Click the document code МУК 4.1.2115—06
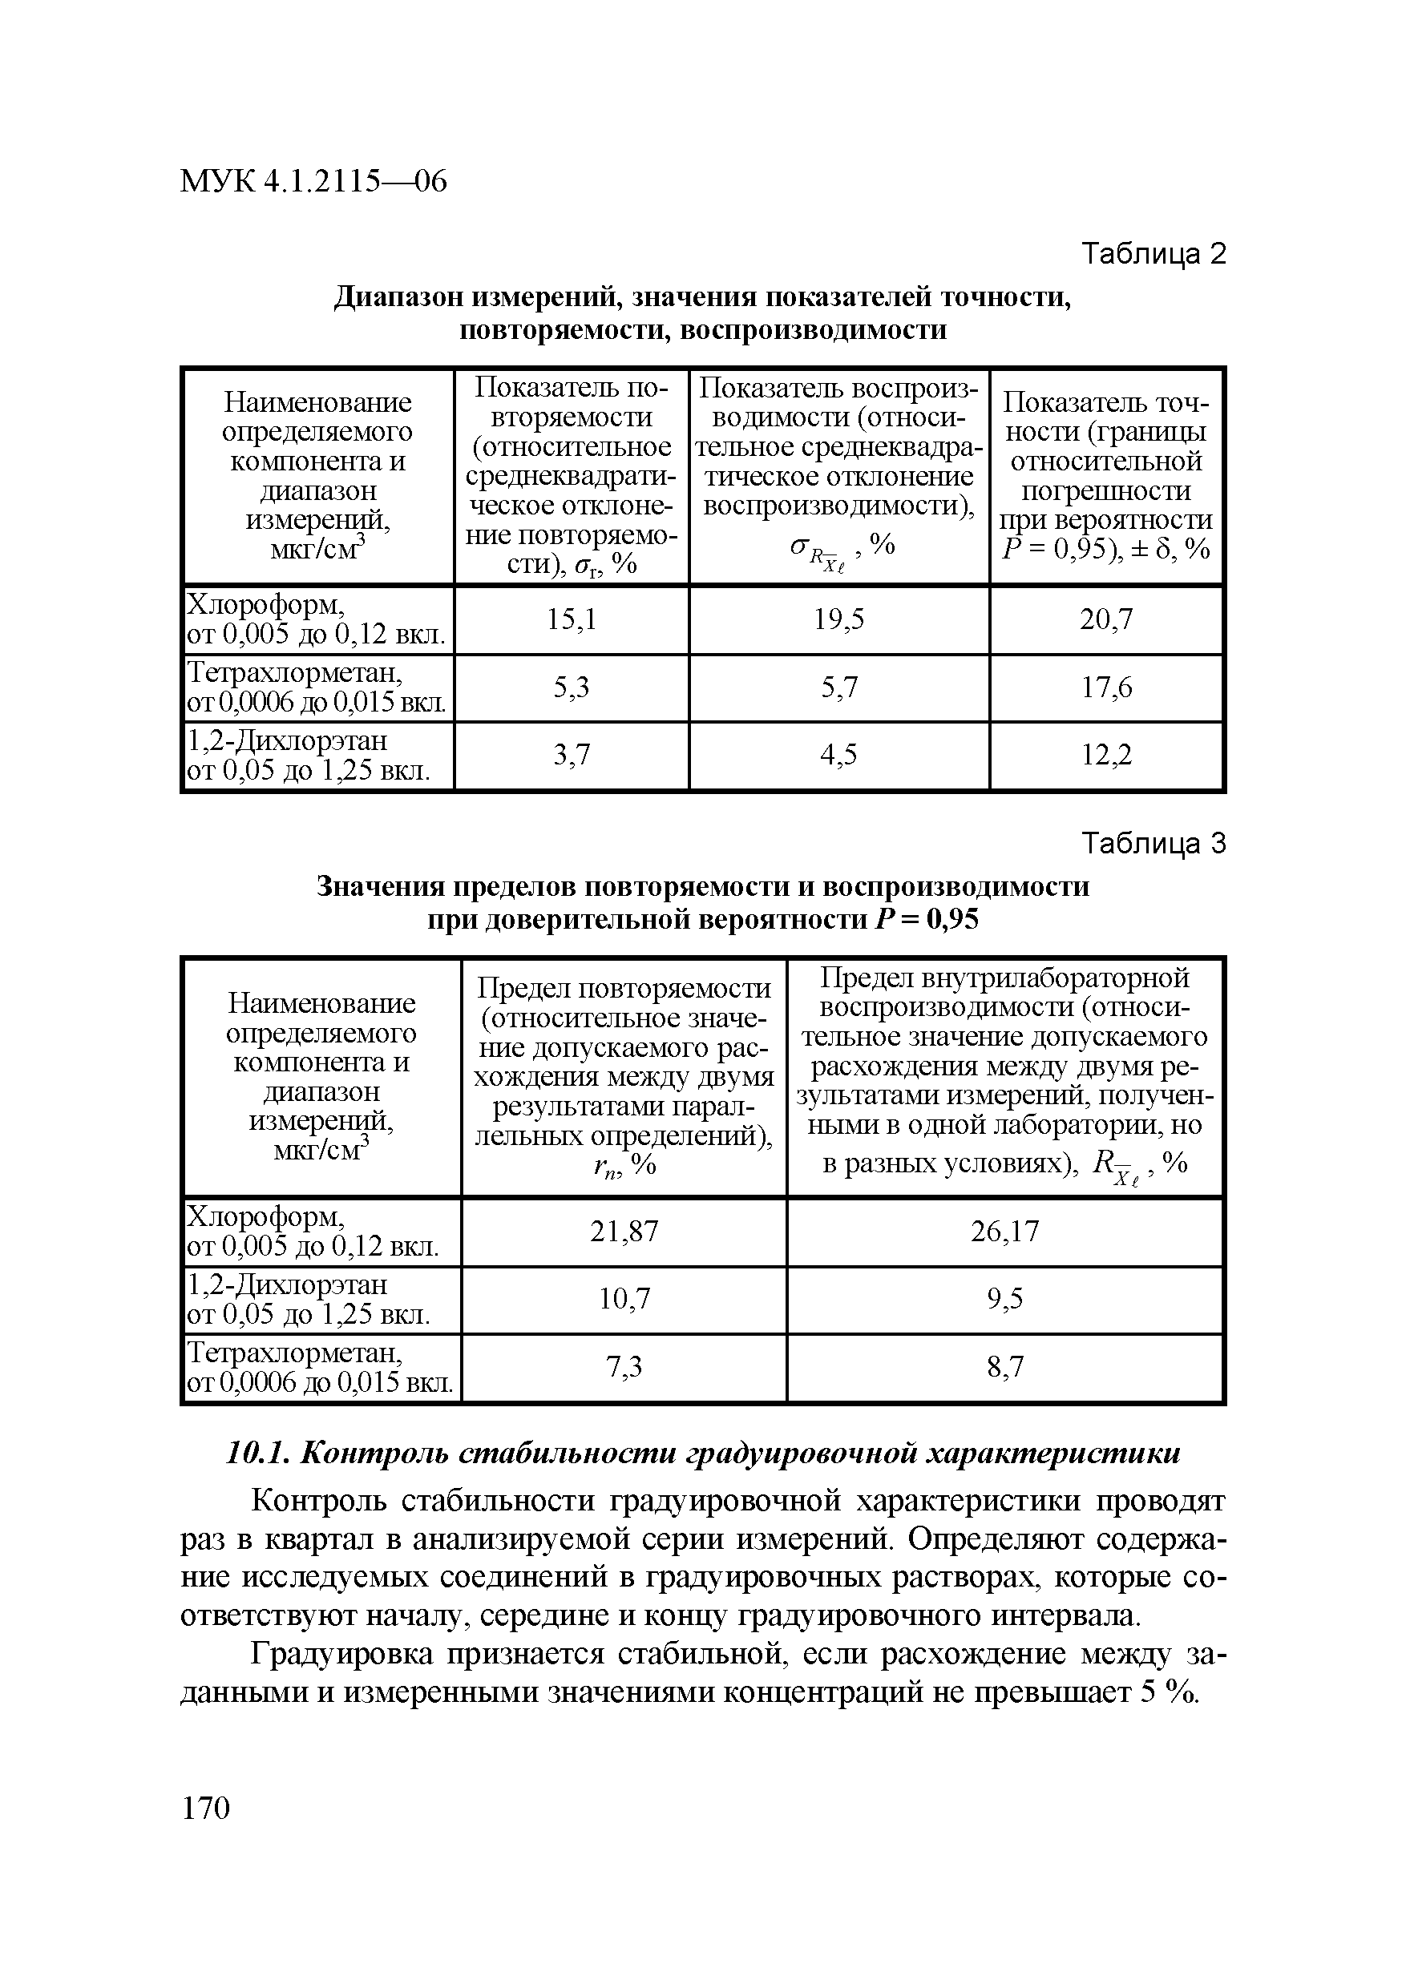coord(313,182)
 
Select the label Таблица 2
coord(1153,254)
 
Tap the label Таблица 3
coord(1153,843)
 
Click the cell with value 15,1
coord(571,619)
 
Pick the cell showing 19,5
coord(838,619)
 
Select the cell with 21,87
coord(624,1230)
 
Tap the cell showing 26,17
coord(1004,1230)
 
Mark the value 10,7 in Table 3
coord(624,1299)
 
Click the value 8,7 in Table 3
coord(1004,1366)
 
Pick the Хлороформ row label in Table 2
coord(267,603)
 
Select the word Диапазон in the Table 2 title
coord(401,297)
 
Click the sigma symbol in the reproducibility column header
coord(798,546)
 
